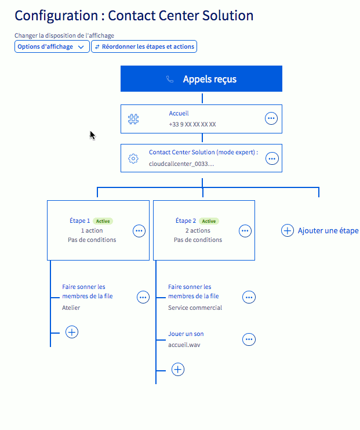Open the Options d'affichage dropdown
point(52,47)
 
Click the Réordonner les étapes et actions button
point(144,47)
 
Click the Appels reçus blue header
point(201,79)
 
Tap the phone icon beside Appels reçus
point(170,80)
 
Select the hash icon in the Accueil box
point(133,119)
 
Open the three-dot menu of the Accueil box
point(271,119)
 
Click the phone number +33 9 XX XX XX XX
point(192,125)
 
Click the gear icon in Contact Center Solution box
point(133,158)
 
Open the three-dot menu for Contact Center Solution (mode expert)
point(271,158)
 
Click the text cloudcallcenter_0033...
point(181,164)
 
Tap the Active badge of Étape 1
point(103,221)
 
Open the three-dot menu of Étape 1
point(139,230)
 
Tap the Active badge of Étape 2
point(209,221)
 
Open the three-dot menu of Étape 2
point(245,230)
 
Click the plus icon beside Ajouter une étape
point(287,230)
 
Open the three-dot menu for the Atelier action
point(143,297)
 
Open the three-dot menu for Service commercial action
point(249,297)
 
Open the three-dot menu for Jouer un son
point(249,339)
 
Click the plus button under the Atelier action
point(72,332)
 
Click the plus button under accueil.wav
point(178,369)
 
